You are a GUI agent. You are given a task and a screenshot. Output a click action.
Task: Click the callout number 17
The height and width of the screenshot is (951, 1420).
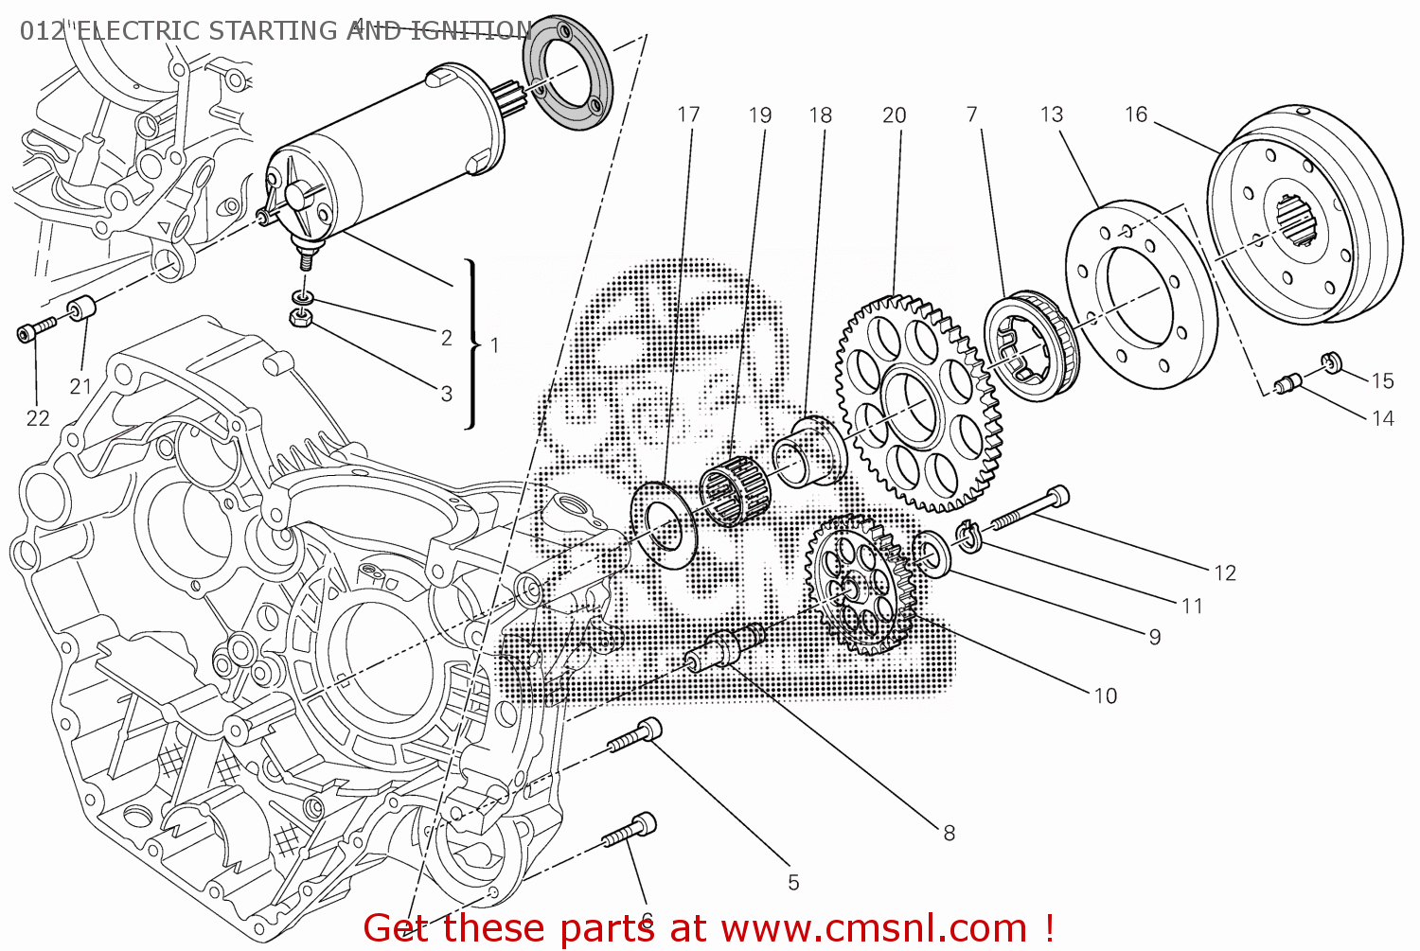pyautogui.click(x=688, y=114)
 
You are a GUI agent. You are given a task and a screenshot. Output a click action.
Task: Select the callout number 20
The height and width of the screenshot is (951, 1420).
pyautogui.click(x=894, y=115)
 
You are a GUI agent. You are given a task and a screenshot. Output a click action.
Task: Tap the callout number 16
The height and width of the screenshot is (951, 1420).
pyautogui.click(x=1135, y=114)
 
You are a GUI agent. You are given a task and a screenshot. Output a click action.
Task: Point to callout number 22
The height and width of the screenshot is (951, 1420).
pyautogui.click(x=38, y=418)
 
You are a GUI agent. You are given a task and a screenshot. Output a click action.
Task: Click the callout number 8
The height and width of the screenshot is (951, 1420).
pyautogui.click(x=949, y=833)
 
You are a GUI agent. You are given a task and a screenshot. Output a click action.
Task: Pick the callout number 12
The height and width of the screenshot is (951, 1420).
pyautogui.click(x=1224, y=572)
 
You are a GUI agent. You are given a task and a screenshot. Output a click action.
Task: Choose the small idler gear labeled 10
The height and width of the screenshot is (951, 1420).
pyautogui.click(x=859, y=587)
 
